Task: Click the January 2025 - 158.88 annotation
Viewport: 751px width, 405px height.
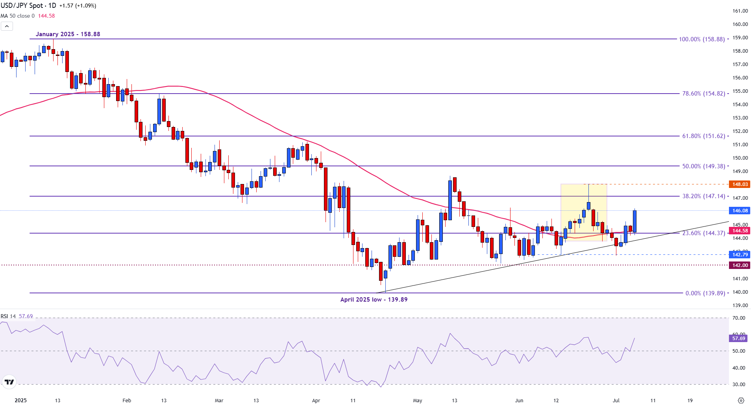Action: coord(68,34)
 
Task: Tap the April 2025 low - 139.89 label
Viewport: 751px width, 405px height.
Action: coord(374,300)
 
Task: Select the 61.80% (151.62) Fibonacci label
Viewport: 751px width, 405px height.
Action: coord(703,136)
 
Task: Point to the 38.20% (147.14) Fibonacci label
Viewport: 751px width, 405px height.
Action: coord(703,196)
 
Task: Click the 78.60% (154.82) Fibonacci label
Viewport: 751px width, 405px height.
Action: coord(703,94)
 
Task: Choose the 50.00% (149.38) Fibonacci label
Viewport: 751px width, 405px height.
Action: coord(703,166)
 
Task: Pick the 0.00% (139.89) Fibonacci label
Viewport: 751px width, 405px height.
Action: coord(705,293)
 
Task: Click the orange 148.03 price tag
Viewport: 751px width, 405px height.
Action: coord(740,184)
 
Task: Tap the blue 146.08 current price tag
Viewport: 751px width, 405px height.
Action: coord(740,211)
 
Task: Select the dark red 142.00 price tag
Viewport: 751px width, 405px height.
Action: coord(740,265)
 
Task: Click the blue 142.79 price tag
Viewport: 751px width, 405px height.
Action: coord(740,255)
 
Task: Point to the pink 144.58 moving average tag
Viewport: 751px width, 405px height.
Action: coord(740,231)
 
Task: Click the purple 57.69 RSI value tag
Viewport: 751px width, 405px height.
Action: coord(739,338)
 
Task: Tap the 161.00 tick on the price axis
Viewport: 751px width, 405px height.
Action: coord(740,11)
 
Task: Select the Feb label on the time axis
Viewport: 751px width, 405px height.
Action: coord(127,401)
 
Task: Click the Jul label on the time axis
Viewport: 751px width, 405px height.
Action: coord(616,401)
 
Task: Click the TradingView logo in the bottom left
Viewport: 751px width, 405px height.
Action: coord(9,382)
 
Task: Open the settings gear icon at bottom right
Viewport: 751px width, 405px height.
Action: coord(741,401)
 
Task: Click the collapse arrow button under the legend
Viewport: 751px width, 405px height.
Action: coord(7,26)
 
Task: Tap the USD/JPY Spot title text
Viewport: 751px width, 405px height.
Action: coord(22,6)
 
